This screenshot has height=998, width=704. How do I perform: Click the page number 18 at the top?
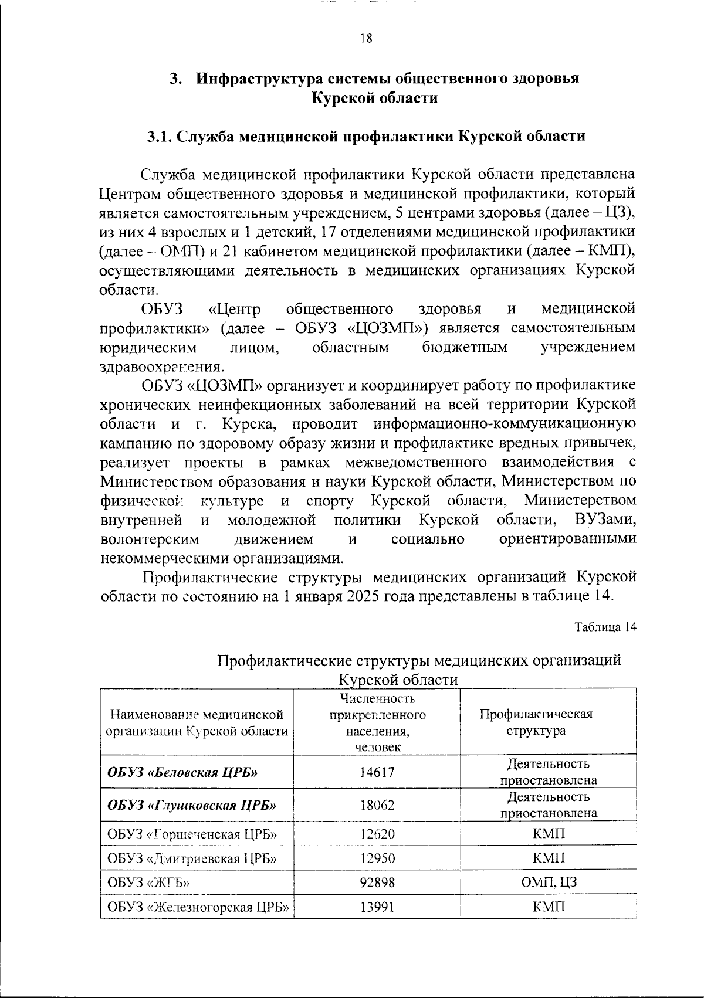(365, 39)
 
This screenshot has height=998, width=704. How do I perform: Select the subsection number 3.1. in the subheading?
(160, 136)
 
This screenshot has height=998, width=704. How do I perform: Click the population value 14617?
(377, 772)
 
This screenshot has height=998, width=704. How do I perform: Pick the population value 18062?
(377, 804)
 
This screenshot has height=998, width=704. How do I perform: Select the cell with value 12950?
(377, 858)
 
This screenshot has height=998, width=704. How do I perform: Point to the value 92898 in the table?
(377, 882)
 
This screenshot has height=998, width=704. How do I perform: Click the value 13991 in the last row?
(377, 907)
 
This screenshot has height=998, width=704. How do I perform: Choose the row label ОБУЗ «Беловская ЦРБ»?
(182, 772)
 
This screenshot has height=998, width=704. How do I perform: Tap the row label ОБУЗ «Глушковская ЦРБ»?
(192, 804)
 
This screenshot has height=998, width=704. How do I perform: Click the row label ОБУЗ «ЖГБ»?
(150, 882)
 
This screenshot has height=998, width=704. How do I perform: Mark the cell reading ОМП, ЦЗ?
(549, 882)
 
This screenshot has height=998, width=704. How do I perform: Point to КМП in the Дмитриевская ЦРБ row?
(549, 858)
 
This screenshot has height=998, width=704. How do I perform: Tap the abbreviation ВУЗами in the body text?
(605, 520)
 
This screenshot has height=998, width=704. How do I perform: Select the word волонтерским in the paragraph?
(150, 538)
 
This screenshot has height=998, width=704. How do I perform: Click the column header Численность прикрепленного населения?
(377, 722)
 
